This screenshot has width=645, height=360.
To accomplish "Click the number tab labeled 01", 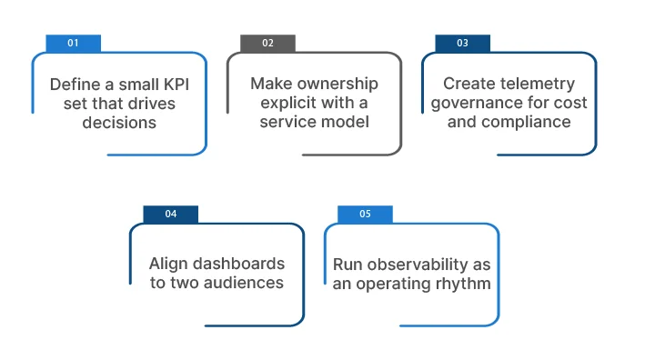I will [x=73, y=43].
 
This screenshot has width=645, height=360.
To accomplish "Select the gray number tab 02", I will [x=267, y=43].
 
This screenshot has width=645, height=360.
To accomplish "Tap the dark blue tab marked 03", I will [x=462, y=43].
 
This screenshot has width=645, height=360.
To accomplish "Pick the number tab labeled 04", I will [x=170, y=214].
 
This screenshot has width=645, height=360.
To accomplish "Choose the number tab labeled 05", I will [x=365, y=214].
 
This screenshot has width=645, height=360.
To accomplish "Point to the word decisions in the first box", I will [x=119, y=122].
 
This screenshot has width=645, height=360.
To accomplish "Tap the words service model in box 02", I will [x=314, y=122].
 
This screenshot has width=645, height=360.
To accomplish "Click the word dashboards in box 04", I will [x=240, y=264].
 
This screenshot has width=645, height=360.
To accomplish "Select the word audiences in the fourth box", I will [x=240, y=283].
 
